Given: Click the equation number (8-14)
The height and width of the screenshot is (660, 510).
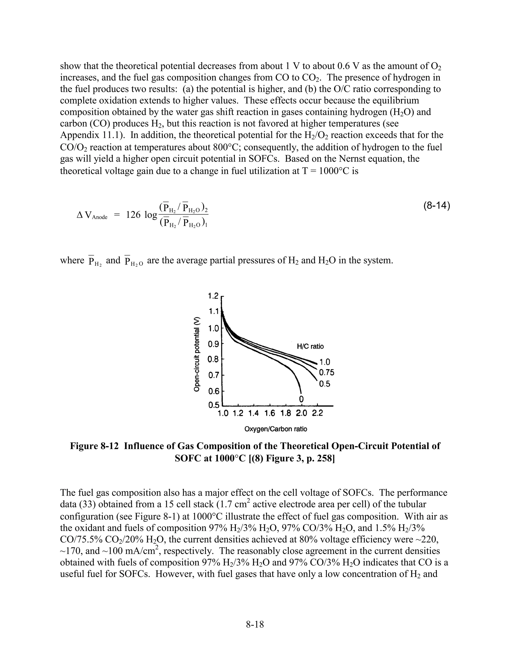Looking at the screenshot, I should (436, 206).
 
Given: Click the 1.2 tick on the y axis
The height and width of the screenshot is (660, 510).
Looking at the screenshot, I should (214, 296).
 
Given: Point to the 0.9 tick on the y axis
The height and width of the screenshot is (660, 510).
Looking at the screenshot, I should (214, 344).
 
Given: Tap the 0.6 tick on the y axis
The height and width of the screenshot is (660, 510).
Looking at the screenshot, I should (214, 391).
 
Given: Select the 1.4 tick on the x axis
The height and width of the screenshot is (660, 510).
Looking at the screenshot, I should (254, 413).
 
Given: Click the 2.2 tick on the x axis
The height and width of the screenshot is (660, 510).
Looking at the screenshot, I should (317, 413).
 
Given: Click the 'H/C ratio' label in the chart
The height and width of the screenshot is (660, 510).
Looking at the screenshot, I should (310, 346).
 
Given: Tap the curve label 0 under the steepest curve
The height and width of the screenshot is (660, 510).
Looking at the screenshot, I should (301, 399).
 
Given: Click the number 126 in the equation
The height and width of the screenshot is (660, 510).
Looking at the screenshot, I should (133, 215).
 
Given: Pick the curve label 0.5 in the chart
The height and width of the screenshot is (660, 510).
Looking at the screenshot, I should (324, 384).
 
